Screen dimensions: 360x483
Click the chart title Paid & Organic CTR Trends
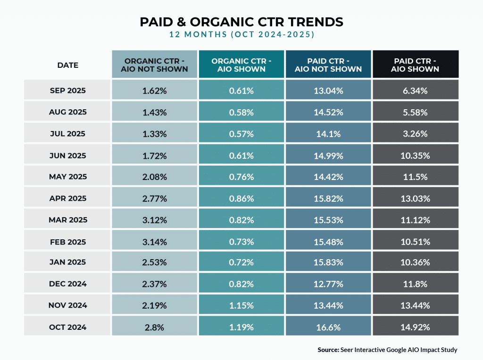coord(241,22)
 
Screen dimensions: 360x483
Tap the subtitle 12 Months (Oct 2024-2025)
coord(241,35)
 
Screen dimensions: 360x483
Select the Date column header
coord(67,65)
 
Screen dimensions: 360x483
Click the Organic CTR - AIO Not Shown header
coord(154,65)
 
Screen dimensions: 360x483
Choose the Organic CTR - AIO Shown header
coord(241,65)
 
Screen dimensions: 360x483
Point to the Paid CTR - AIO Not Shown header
coord(328,65)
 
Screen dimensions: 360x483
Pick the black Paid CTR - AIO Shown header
coord(415,65)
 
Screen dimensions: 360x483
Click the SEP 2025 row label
coord(67,90)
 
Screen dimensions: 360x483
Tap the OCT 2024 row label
coord(67,327)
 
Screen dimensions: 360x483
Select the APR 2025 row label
coord(67,198)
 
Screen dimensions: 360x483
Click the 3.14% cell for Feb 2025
coord(154,241)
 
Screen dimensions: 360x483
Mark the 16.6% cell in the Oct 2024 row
coord(328,327)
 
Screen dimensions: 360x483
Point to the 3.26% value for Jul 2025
coord(415,134)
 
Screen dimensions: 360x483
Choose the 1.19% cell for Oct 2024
coord(241,327)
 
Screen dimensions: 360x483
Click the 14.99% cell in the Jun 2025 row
coord(328,155)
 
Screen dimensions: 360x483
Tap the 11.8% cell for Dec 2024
coord(415,284)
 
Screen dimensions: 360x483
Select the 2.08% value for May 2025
coord(154,177)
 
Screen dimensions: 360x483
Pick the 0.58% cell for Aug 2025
coord(241,112)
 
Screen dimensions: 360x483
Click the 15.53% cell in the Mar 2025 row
coord(328,220)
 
